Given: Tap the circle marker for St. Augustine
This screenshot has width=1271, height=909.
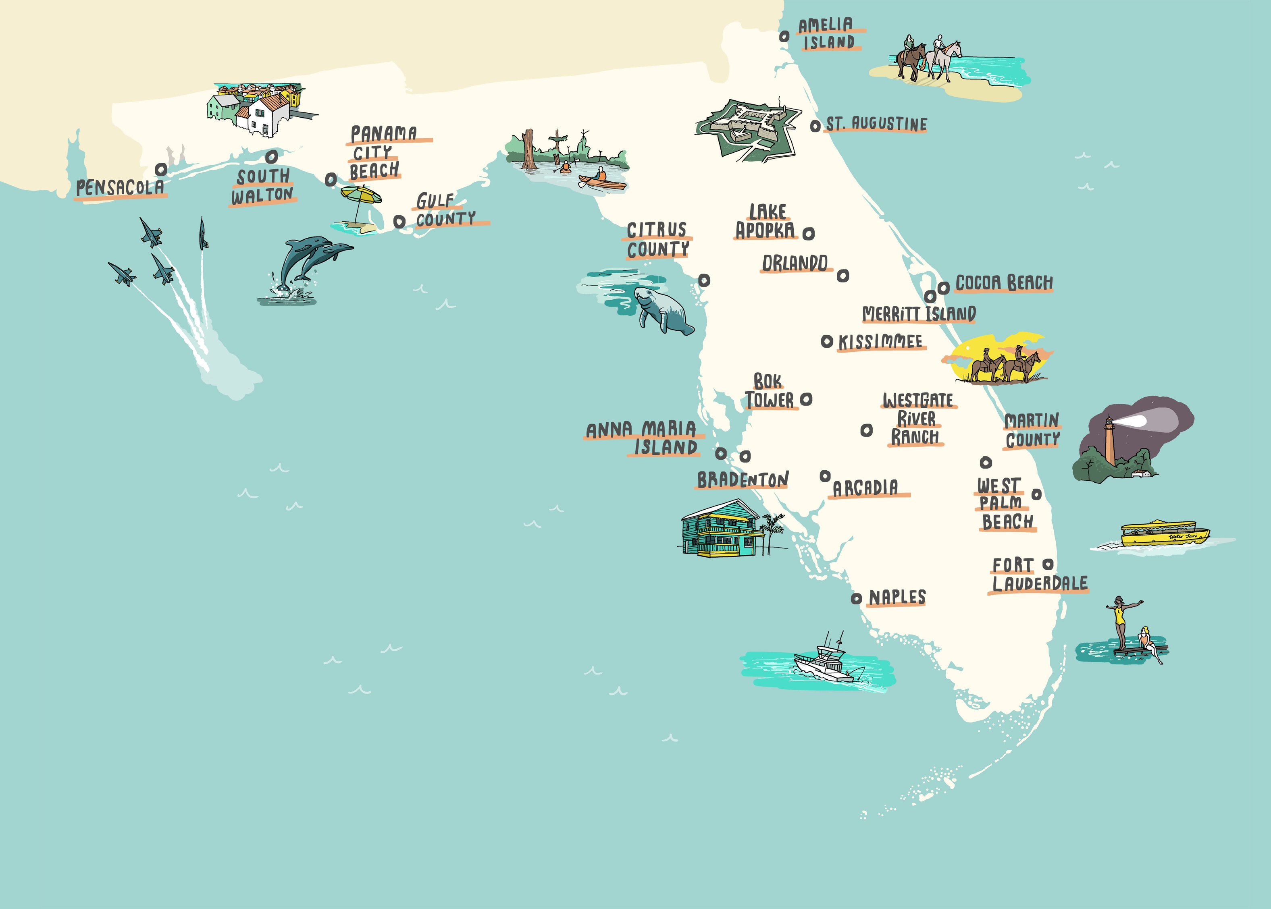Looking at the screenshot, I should pyautogui.click(x=815, y=127).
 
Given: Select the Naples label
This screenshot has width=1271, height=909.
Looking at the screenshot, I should pyautogui.click(x=897, y=598).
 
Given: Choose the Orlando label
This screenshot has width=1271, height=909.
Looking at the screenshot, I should pyautogui.click(x=795, y=263).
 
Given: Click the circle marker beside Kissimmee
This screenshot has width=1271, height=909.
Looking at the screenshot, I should pyautogui.click(x=826, y=341).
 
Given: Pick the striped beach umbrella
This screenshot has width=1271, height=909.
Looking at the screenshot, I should pyautogui.click(x=361, y=196).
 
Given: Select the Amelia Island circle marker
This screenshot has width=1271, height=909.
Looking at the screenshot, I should pyautogui.click(x=784, y=36).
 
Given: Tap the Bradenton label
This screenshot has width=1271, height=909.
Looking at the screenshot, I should pyautogui.click(x=743, y=480).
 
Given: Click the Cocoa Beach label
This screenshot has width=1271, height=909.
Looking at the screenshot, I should pyautogui.click(x=1004, y=283).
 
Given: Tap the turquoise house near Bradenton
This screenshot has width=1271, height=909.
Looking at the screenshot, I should pyautogui.click(x=722, y=529).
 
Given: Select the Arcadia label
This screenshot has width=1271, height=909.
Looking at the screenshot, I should pyautogui.click(x=865, y=488).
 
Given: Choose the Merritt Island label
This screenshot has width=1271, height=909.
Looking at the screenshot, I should pyautogui.click(x=919, y=314).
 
